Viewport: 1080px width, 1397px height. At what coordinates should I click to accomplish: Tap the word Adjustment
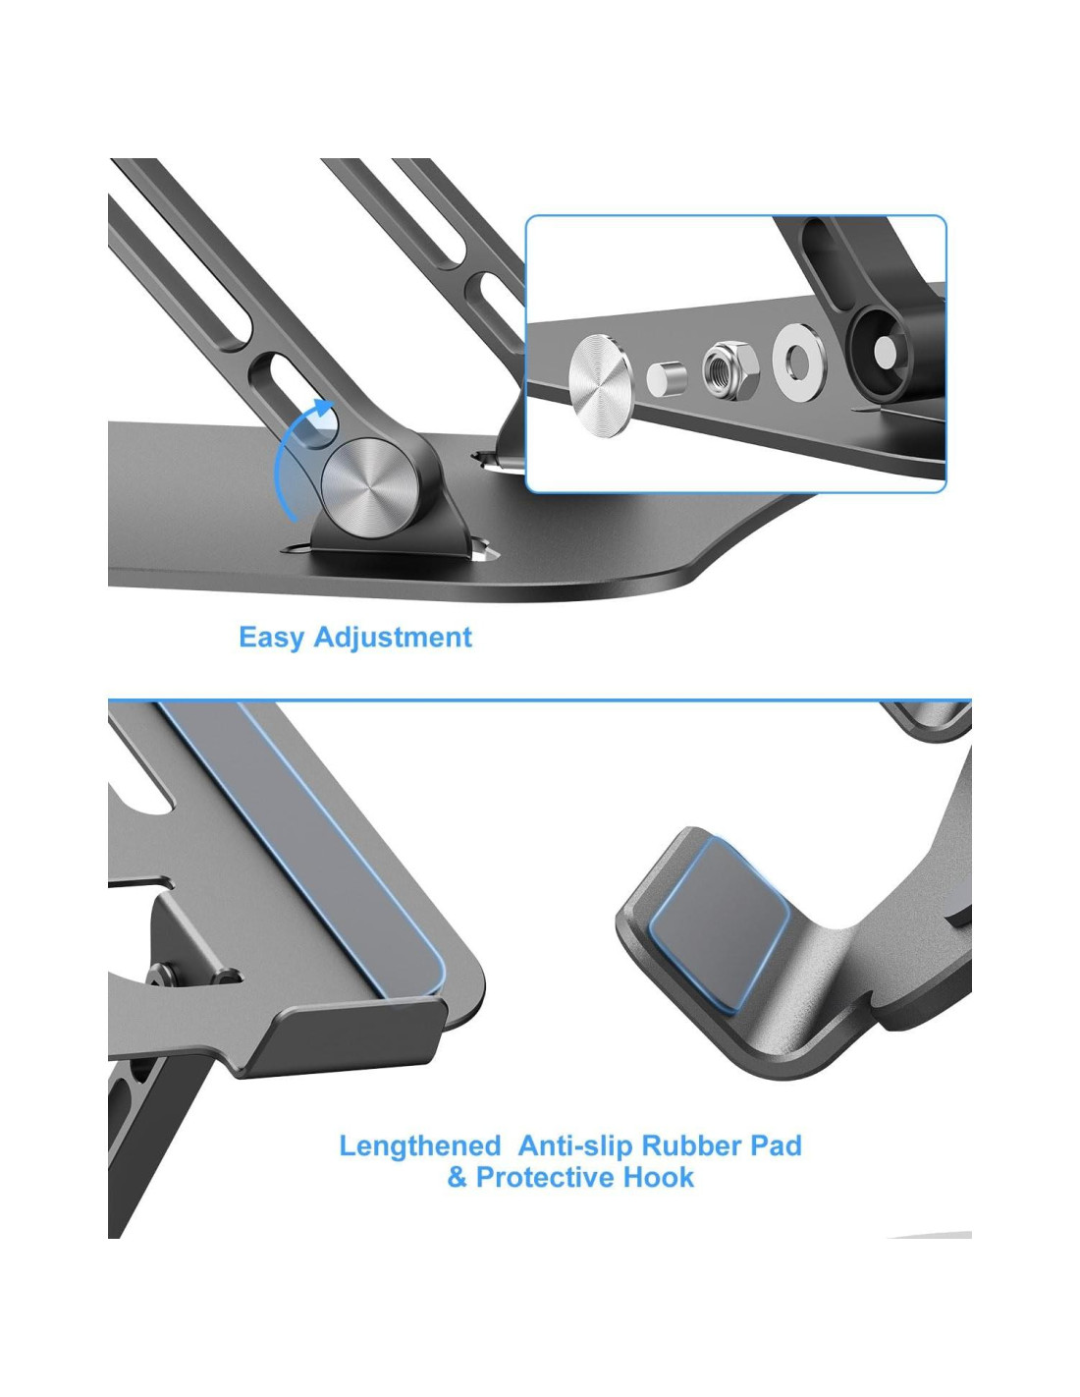click(393, 638)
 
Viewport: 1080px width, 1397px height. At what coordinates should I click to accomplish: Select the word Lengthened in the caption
click(419, 1146)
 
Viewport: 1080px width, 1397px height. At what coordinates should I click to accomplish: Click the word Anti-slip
click(575, 1145)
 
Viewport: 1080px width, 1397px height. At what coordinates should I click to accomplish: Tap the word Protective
click(546, 1178)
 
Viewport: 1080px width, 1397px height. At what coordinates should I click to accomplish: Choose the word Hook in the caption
click(659, 1178)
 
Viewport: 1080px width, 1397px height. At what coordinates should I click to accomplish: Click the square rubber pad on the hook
click(719, 923)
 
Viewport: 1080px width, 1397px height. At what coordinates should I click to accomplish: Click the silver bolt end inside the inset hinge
click(886, 353)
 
